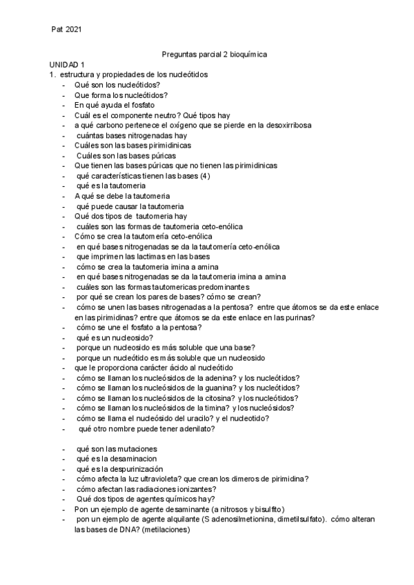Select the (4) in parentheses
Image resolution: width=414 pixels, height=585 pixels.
(x=205, y=175)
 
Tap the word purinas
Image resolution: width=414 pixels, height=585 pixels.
(x=298, y=317)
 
